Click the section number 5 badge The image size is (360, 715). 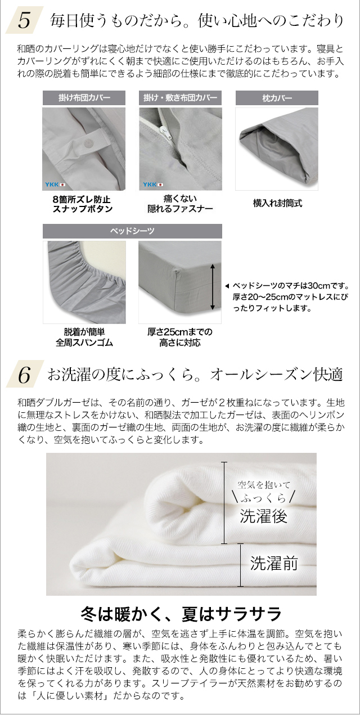(x=24, y=20)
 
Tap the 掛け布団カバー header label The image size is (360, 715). (x=84, y=98)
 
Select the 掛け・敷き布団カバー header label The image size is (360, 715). (x=180, y=98)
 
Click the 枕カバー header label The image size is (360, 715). (x=277, y=98)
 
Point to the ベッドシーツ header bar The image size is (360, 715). (x=132, y=231)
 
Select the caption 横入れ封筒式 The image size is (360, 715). (x=277, y=203)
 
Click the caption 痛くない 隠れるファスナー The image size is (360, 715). (x=180, y=204)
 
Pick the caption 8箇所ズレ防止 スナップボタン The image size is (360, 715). (x=84, y=204)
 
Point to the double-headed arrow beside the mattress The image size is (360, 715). (x=212, y=287)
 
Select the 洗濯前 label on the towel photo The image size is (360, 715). (x=273, y=563)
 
